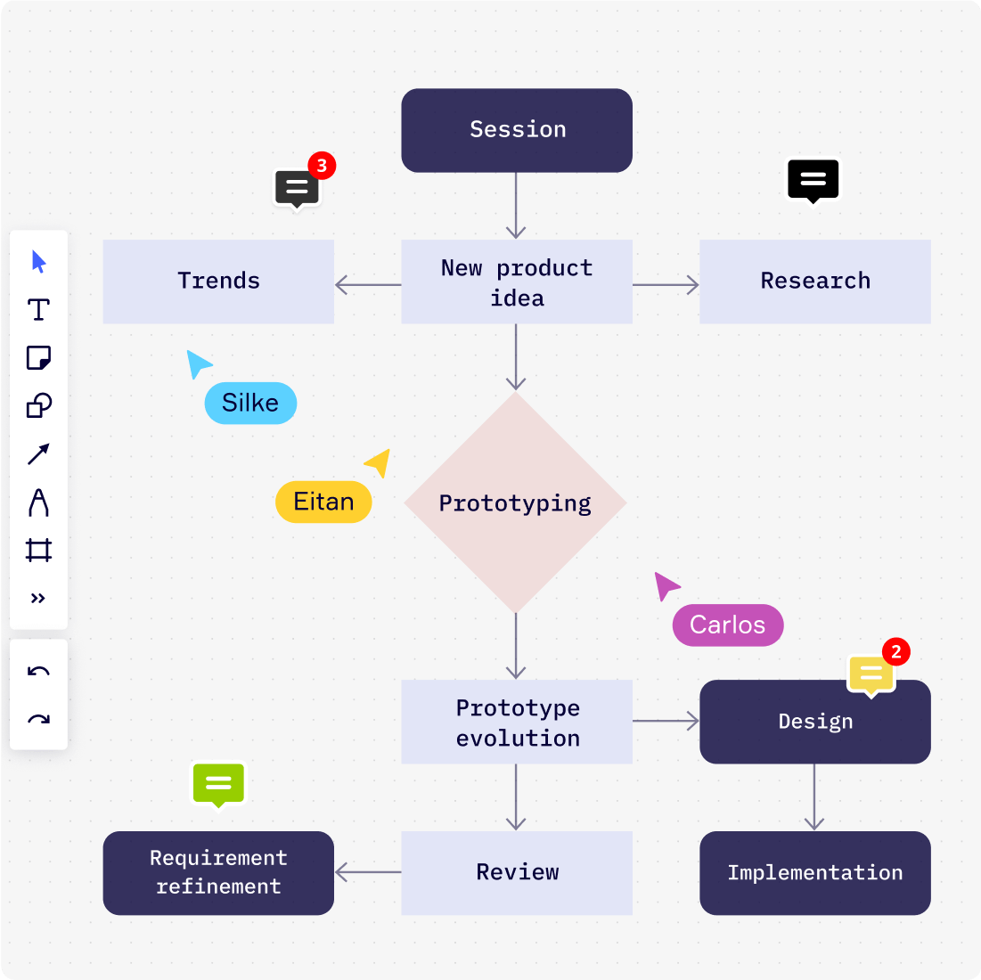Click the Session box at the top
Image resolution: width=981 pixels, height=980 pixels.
(x=517, y=130)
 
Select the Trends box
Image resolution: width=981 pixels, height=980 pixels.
(x=218, y=282)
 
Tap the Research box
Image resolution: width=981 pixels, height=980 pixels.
(x=815, y=282)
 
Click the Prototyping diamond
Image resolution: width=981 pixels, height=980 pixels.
(x=515, y=503)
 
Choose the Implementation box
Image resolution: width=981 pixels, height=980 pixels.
(x=815, y=873)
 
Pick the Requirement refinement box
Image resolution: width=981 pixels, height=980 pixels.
(x=218, y=873)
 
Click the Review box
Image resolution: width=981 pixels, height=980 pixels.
(x=517, y=873)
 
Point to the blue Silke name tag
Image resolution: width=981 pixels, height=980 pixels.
(x=250, y=404)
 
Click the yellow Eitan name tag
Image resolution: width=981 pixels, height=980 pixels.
(x=323, y=502)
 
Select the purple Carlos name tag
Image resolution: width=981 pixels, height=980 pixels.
(x=728, y=625)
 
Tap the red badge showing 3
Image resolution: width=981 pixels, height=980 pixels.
(x=322, y=166)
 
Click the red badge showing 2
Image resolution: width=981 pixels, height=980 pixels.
(x=896, y=652)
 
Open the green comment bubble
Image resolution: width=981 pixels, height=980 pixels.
(x=218, y=784)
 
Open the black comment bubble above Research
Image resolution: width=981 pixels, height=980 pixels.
(x=813, y=180)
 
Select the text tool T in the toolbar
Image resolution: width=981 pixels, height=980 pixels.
(x=38, y=310)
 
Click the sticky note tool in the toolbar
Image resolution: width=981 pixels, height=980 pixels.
(x=38, y=358)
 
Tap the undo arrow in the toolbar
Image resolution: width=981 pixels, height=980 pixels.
(x=38, y=672)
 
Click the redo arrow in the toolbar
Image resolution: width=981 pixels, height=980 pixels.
(x=38, y=720)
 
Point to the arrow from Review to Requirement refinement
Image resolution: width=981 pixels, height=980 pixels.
(x=367, y=872)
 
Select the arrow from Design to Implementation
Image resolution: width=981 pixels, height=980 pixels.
(x=814, y=797)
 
